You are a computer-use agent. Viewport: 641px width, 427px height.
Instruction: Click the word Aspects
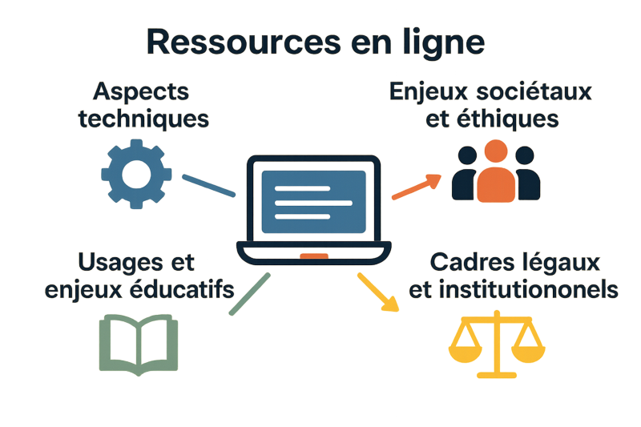141,92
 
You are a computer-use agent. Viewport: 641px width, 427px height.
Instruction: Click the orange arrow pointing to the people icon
417,186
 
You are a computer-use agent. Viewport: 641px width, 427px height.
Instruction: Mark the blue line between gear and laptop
208,185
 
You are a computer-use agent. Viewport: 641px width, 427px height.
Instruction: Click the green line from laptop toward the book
248,294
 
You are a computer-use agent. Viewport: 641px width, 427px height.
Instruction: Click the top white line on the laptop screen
302,187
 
